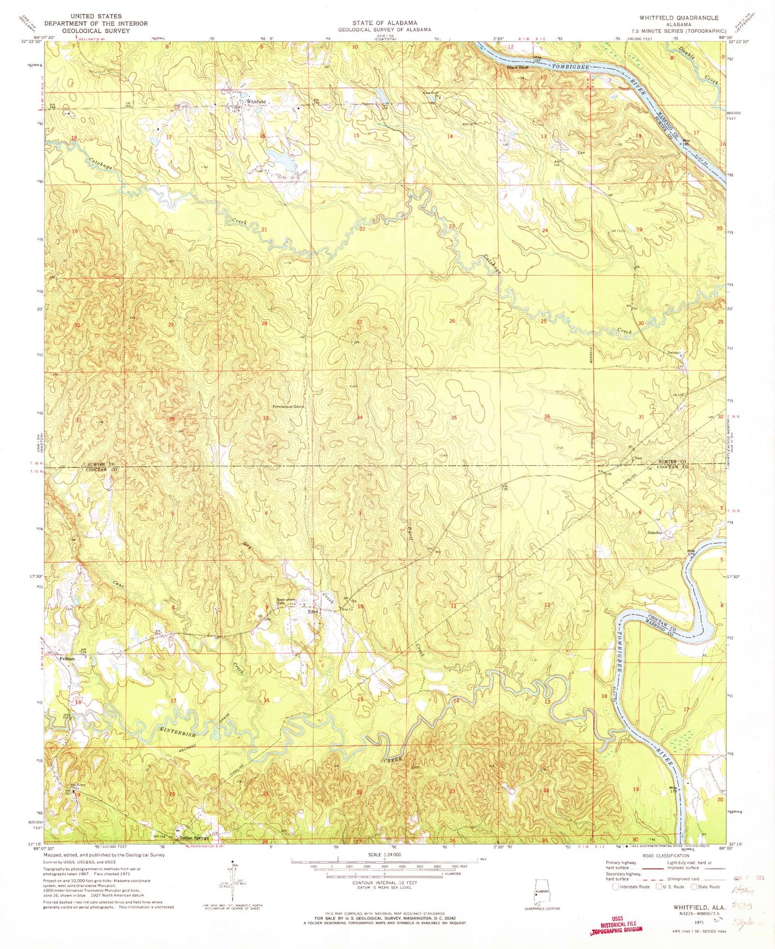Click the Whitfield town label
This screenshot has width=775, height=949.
(x=256, y=102)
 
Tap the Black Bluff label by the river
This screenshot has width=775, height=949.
(x=517, y=68)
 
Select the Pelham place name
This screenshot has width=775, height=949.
(x=67, y=659)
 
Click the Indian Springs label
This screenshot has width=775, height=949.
(x=194, y=838)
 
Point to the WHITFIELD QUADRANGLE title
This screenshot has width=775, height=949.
(x=678, y=18)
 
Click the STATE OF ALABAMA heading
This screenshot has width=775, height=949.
(x=384, y=23)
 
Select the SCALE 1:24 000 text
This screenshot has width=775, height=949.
(x=384, y=855)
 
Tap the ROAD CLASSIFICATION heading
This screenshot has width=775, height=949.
(x=662, y=856)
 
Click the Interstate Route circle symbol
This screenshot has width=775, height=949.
(x=615, y=887)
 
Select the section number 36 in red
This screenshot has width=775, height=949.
(x=547, y=416)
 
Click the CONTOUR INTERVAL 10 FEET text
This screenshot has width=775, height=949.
(x=384, y=883)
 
